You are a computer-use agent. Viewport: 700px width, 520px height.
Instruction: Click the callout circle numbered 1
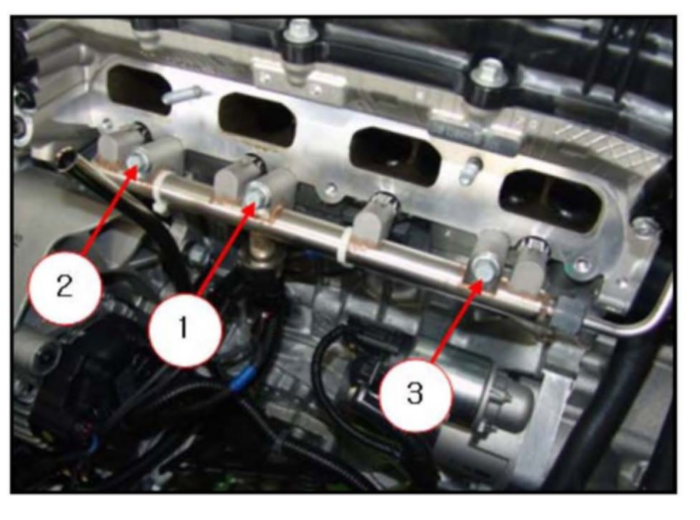tap(184, 330)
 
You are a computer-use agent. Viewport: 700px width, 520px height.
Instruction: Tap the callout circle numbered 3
tap(415, 395)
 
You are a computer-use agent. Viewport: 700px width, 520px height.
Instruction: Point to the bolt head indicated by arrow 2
tap(139, 161)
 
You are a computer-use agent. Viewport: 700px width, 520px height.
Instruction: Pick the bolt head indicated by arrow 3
tap(484, 267)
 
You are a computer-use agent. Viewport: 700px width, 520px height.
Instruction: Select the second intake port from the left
tap(257, 119)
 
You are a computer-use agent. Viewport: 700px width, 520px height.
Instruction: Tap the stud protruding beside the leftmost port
tap(180, 96)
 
